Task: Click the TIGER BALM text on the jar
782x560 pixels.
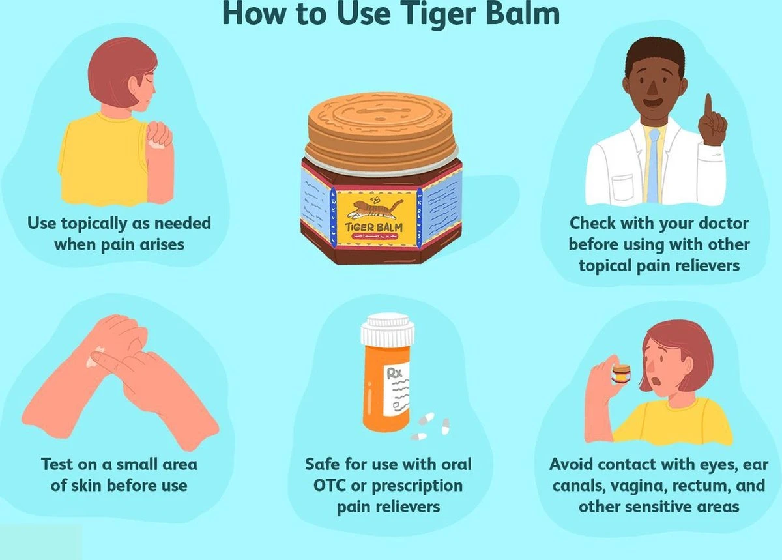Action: coord(374,228)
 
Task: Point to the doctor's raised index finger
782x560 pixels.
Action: coord(708,109)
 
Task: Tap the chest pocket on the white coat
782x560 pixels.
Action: coord(622,188)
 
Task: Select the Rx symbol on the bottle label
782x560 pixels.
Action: coord(395,374)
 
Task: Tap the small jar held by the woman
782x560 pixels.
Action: coord(622,377)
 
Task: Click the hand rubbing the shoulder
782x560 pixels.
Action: coord(159,135)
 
